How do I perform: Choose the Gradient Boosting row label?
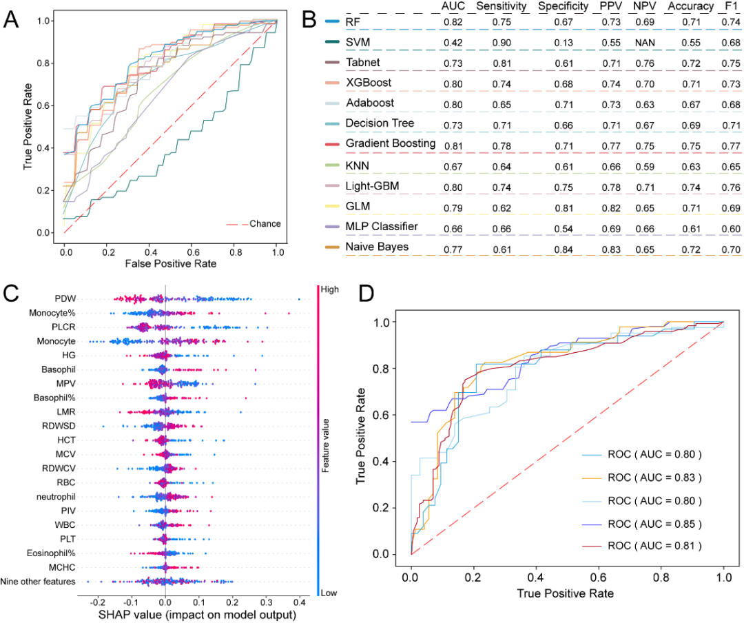(x=391, y=143)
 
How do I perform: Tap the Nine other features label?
(x=39, y=582)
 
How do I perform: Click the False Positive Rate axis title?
(x=170, y=263)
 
